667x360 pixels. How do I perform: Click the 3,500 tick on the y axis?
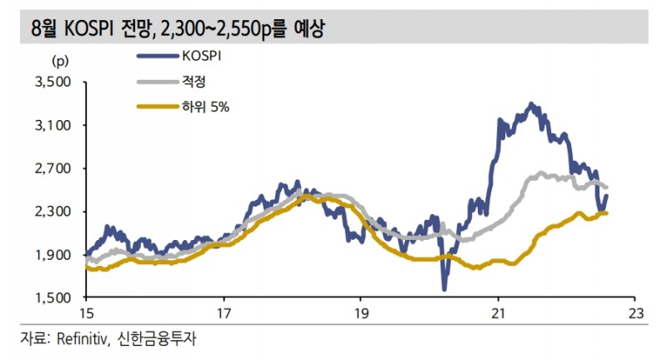tap(55, 82)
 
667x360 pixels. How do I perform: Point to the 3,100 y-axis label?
tap(55, 125)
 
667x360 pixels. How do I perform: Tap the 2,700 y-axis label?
tap(55, 168)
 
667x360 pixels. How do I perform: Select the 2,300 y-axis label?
tap(55, 212)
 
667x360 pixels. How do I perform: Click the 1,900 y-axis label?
tap(55, 255)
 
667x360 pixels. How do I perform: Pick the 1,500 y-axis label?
tap(55, 297)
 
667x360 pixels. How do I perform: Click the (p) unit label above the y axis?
tap(60, 61)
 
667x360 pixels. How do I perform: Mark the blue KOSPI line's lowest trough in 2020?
tap(444, 288)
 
